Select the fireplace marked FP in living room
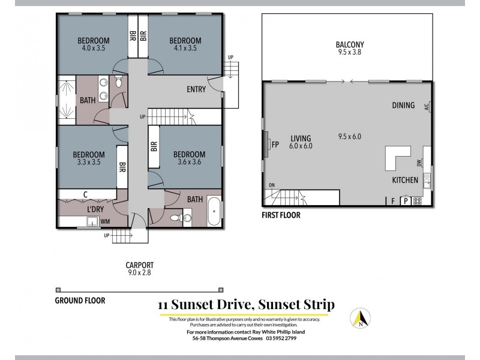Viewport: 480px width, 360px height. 275,145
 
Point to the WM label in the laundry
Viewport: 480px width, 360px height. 105,221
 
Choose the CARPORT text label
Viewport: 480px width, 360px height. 139,265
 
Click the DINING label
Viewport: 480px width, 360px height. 403,106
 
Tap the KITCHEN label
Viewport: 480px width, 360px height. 405,180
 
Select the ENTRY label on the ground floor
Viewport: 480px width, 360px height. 196,89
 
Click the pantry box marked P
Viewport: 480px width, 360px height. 405,201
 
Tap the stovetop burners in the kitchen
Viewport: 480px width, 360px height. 417,201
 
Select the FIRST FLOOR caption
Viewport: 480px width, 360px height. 281,215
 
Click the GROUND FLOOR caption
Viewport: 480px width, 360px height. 80,300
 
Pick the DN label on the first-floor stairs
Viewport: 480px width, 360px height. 271,185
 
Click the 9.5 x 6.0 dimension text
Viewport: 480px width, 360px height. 349,136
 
